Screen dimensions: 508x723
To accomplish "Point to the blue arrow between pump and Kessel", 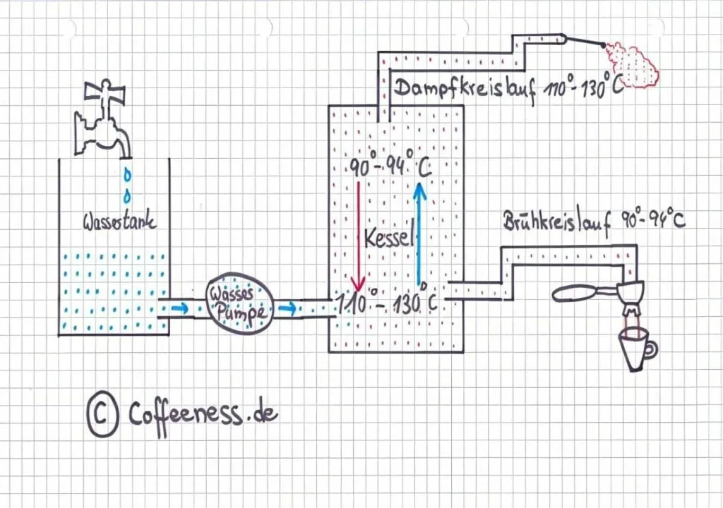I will pyautogui.click(x=286, y=308).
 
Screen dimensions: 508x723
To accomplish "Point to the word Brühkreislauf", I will pyautogui.click(x=553, y=220).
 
